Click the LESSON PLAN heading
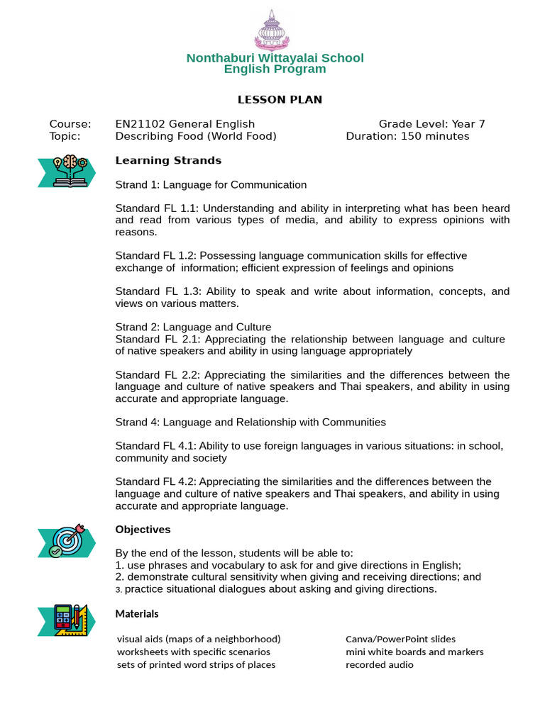(x=280, y=99)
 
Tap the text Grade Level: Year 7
(x=431, y=124)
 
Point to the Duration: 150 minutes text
(x=407, y=136)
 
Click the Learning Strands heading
(x=168, y=160)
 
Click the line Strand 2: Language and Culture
(x=193, y=327)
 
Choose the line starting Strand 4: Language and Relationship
(x=251, y=422)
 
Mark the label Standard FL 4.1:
(x=156, y=446)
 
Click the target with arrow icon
(x=67, y=540)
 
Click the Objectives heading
(x=143, y=530)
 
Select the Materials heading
(x=137, y=613)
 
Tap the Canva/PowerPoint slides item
(x=400, y=639)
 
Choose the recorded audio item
(x=379, y=664)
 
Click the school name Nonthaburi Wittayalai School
(x=275, y=57)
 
